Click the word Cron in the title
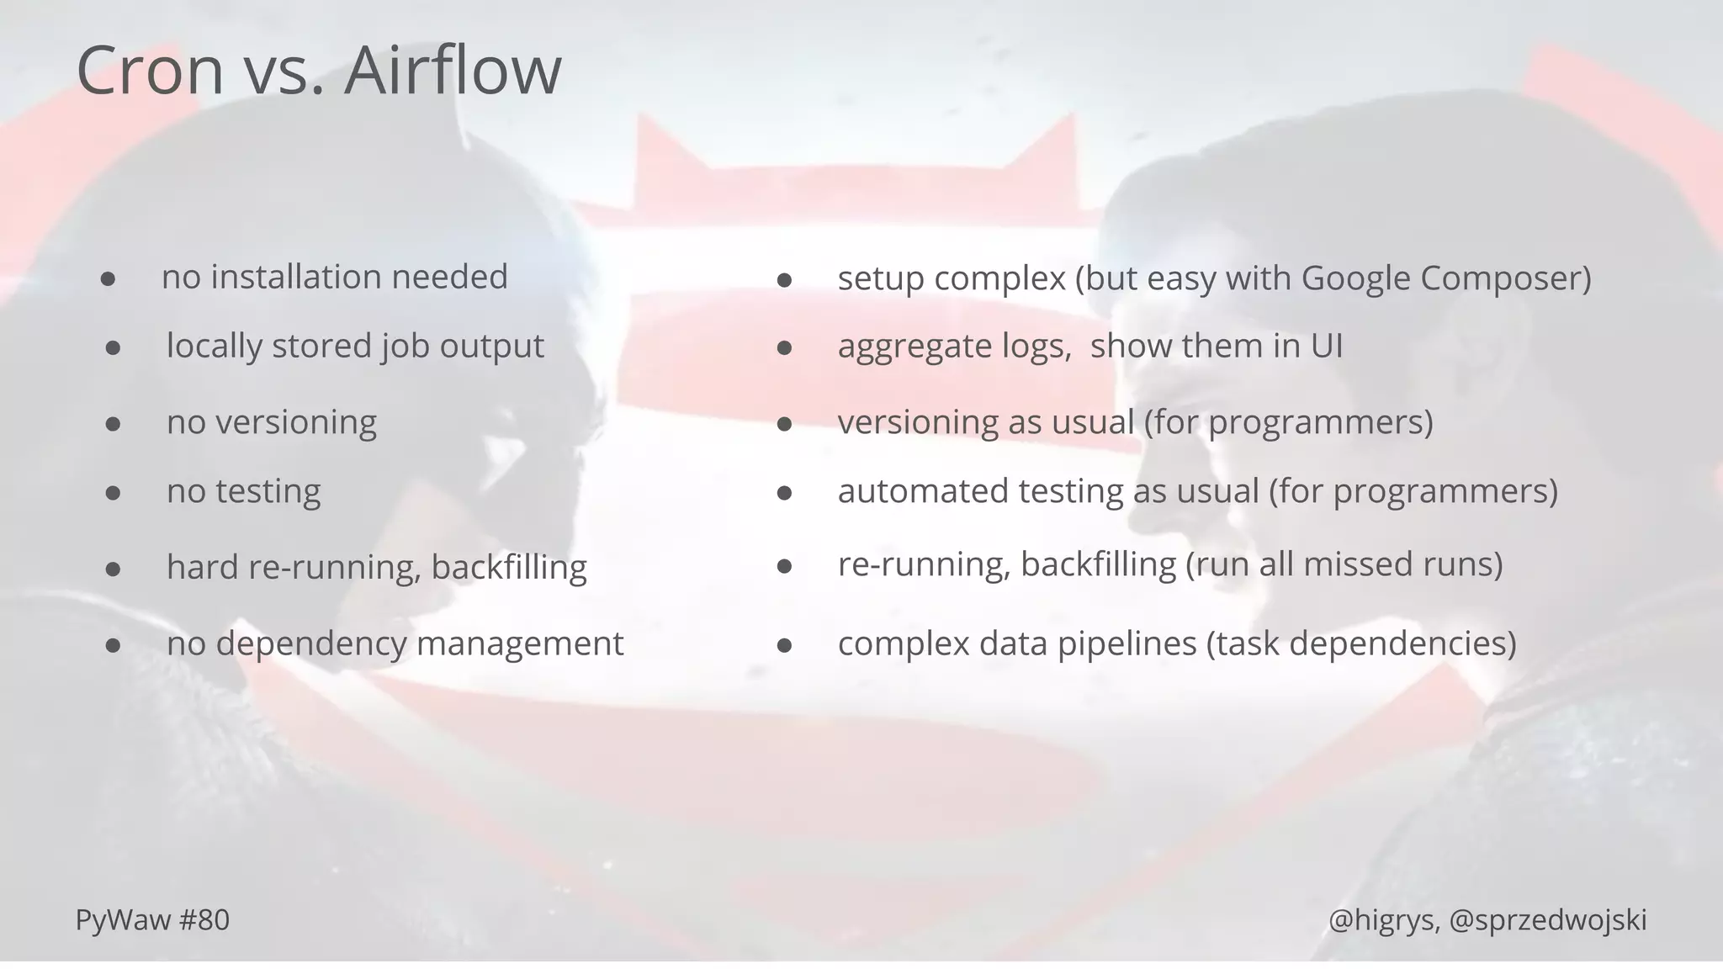coord(150,71)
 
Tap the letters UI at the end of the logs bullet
coord(1327,346)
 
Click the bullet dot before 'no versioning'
coord(113,424)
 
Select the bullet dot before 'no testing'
coord(113,493)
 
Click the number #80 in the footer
coord(204,920)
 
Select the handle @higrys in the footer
coord(1382,921)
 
